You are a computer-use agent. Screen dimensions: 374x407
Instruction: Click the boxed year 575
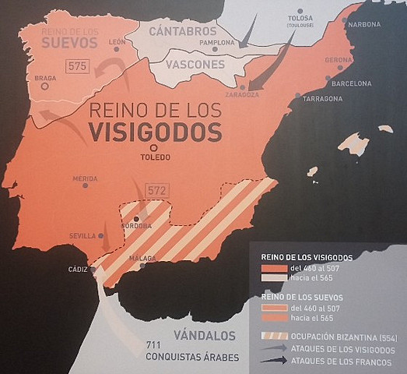pos(78,66)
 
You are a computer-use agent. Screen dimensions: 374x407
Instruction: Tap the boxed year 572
pos(158,189)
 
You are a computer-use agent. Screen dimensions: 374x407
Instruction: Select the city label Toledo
pos(155,157)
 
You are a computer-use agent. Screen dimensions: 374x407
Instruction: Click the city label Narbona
pos(365,24)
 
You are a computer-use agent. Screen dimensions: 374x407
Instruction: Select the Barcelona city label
pos(352,82)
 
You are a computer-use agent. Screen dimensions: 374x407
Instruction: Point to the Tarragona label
pos(322,99)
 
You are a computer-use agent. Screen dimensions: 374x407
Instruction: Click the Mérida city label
pos(85,178)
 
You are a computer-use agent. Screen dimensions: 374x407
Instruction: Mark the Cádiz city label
pos(78,269)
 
